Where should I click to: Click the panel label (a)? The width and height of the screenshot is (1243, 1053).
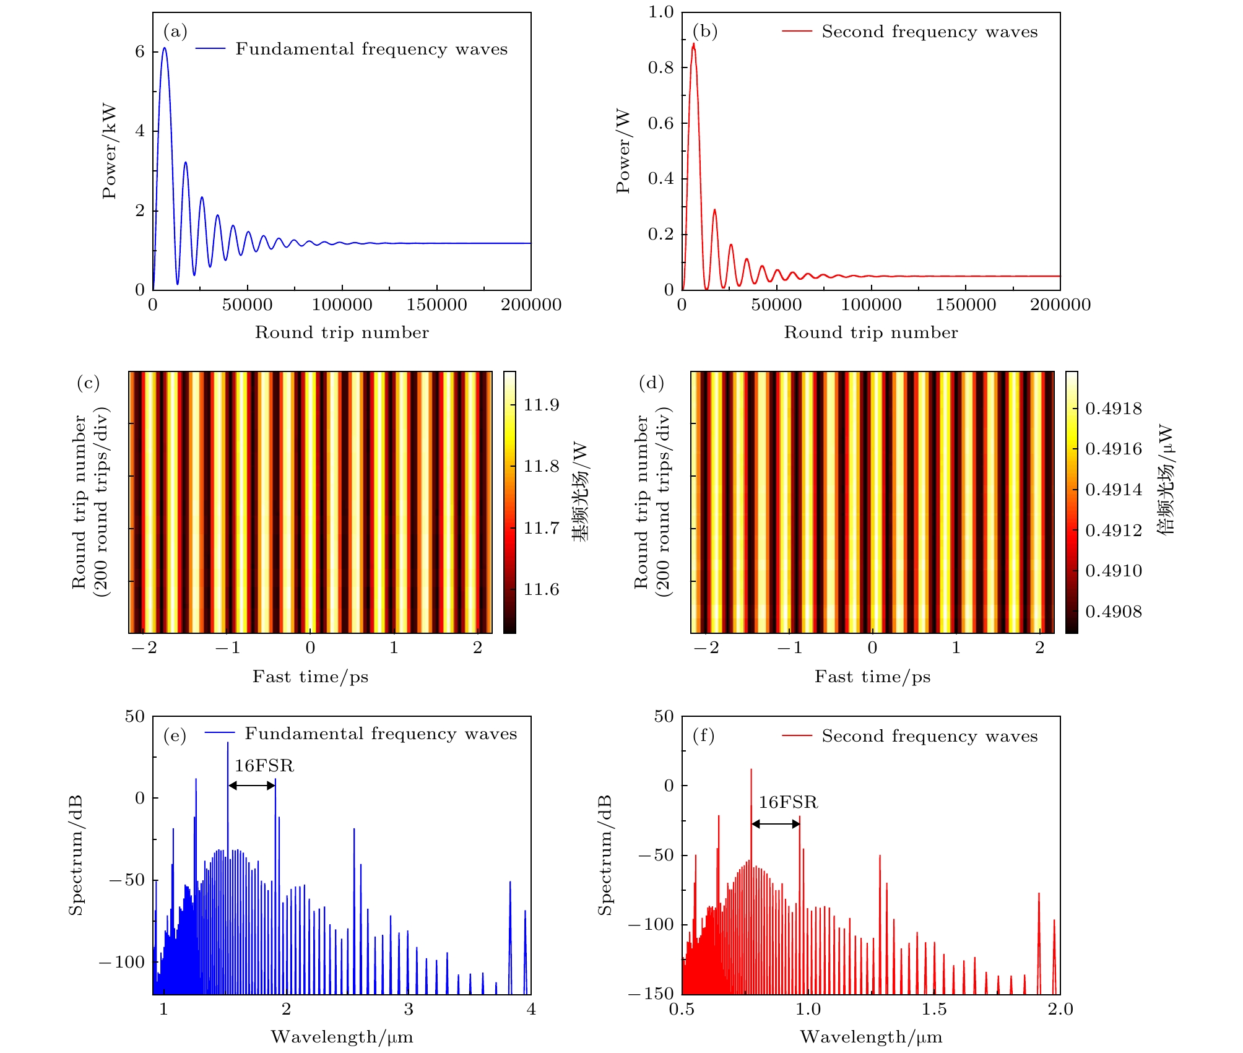tap(175, 32)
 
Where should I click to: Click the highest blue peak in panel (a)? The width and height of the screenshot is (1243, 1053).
tap(164, 49)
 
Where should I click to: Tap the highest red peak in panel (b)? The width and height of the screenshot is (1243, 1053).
tap(693, 45)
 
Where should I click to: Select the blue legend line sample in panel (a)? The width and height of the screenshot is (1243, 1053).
tap(210, 49)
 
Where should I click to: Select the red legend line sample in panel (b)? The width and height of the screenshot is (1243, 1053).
tap(797, 31)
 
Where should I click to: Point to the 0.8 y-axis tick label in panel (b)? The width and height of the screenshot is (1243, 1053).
tap(660, 67)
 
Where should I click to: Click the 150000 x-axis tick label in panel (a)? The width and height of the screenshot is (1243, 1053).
tap(436, 305)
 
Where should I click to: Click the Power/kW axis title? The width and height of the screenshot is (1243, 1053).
tap(110, 152)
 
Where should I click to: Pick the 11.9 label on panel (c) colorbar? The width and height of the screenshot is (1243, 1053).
tap(541, 405)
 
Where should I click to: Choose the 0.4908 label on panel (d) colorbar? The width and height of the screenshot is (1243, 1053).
tap(1114, 612)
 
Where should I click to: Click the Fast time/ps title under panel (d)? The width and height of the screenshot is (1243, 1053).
tap(872, 677)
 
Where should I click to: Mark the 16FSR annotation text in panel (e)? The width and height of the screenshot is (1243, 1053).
tap(264, 766)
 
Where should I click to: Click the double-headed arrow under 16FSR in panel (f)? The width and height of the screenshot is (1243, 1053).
tap(776, 824)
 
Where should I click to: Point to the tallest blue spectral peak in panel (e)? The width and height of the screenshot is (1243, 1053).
tap(227, 743)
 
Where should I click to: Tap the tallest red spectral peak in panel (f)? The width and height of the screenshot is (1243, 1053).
tap(751, 771)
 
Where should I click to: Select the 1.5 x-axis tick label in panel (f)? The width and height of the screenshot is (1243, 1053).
tap(933, 1010)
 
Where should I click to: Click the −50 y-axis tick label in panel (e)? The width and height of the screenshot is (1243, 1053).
tap(126, 880)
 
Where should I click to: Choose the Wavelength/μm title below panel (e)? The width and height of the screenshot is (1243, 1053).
tap(342, 1037)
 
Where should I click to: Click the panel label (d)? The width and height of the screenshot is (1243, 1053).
tap(651, 383)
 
